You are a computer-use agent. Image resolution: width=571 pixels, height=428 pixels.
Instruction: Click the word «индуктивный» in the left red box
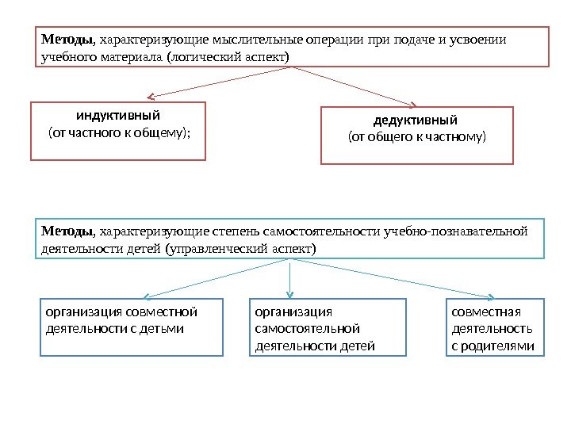tap(118, 116)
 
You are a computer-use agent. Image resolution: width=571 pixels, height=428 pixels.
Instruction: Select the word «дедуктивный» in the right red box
tap(416, 120)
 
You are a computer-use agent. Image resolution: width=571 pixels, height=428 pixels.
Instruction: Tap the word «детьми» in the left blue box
tap(165, 328)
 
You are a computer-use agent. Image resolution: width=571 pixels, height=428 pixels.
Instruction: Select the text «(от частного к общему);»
tap(120, 132)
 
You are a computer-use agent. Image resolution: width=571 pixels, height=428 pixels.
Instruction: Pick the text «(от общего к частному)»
tap(416, 137)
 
